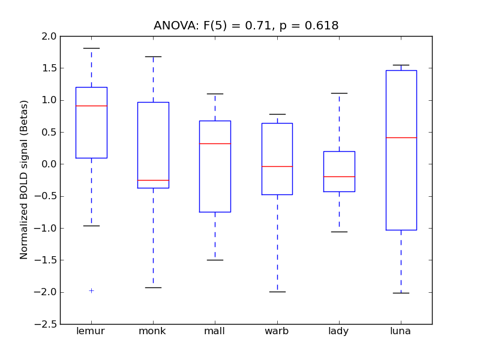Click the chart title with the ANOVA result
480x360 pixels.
click(246, 26)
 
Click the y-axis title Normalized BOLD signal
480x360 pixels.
click(24, 180)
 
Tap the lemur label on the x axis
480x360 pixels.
click(91, 331)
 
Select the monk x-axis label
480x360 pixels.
click(152, 331)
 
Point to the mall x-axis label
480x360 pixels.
click(215, 331)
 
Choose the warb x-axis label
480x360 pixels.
click(277, 331)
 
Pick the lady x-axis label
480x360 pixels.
click(339, 331)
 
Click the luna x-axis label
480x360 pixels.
click(401, 331)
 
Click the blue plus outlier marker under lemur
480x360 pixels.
click(91, 290)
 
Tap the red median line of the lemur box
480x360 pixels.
click(91, 106)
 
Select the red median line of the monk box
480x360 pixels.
click(153, 180)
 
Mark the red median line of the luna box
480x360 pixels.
click(401, 137)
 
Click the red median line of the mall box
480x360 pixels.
click(215, 143)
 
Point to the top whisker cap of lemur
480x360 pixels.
click(91, 48)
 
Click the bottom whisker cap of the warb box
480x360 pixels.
click(277, 292)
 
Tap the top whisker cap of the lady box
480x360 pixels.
click(339, 93)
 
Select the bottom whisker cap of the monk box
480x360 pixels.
click(153, 287)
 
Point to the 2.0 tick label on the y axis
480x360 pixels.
click(50, 36)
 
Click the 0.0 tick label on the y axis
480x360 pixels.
click(50, 164)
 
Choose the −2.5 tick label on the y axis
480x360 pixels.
click(48, 324)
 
